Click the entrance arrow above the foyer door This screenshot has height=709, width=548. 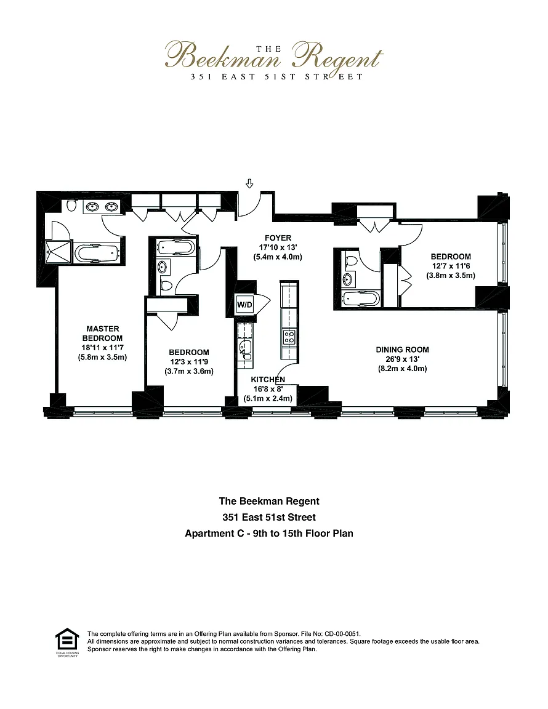point(249,183)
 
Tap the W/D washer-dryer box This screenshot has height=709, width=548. point(245,303)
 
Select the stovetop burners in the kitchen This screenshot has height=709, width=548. point(288,336)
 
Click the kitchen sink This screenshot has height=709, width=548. point(246,348)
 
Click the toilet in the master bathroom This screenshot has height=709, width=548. point(71,206)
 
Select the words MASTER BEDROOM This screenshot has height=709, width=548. point(103,333)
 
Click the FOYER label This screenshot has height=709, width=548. point(278,238)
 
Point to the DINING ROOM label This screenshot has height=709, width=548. point(402,350)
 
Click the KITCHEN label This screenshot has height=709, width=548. point(267,379)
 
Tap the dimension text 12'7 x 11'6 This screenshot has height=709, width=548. point(451,266)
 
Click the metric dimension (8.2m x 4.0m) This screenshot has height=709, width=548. point(402,369)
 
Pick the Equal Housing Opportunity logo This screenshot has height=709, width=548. point(65,641)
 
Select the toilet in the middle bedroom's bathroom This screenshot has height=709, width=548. point(165,285)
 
